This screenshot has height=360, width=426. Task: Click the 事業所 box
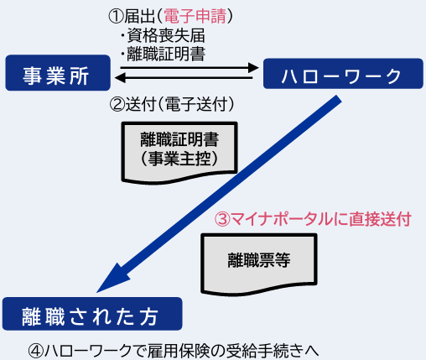pos(58,73)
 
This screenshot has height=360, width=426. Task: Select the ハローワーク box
pos(343,74)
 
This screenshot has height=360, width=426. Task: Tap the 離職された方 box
pos(92,314)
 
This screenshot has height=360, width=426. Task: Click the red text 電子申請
pos(195,16)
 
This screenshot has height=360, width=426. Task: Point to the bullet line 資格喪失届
pos(163,35)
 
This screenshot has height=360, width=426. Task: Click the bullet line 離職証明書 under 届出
pos(163,54)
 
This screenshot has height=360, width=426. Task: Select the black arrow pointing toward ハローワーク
pos(190,67)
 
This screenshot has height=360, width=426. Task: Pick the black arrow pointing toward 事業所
pos(184,77)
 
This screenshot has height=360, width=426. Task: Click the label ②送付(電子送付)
pos(172,104)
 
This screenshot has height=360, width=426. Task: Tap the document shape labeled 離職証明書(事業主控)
pos(179,153)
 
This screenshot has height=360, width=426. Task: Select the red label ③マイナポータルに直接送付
pos(313,219)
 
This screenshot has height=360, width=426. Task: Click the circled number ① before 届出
pos(116,16)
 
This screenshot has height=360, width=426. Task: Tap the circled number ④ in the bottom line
pos(36,351)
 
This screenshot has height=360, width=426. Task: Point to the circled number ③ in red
pos(222,219)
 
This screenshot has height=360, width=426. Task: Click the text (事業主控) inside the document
pos(179,159)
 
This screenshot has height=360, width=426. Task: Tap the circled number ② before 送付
pos(117,105)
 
